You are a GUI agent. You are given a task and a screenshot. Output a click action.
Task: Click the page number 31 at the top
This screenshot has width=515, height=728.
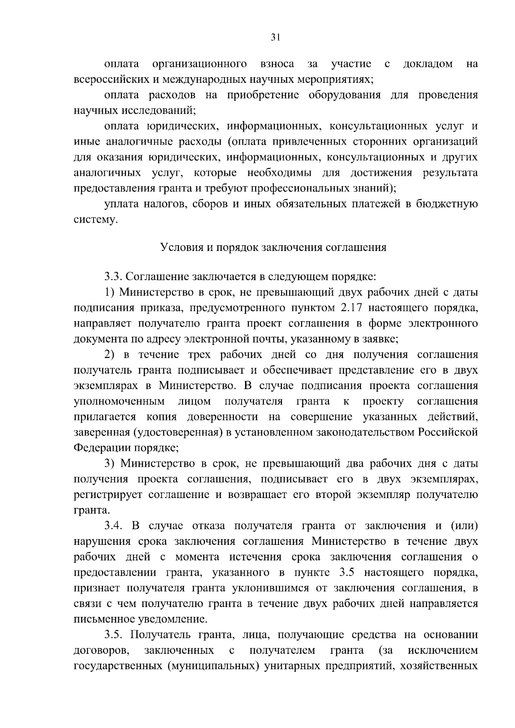276,37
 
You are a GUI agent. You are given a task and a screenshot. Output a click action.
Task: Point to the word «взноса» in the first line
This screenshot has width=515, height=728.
277,64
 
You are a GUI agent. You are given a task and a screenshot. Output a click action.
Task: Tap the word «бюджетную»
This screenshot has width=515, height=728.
447,204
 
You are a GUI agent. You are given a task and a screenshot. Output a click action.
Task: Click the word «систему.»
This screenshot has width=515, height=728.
96,220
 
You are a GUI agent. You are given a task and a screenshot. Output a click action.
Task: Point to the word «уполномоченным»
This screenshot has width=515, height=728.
120,402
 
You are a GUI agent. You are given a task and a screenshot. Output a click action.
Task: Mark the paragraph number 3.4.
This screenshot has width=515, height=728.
115,526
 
